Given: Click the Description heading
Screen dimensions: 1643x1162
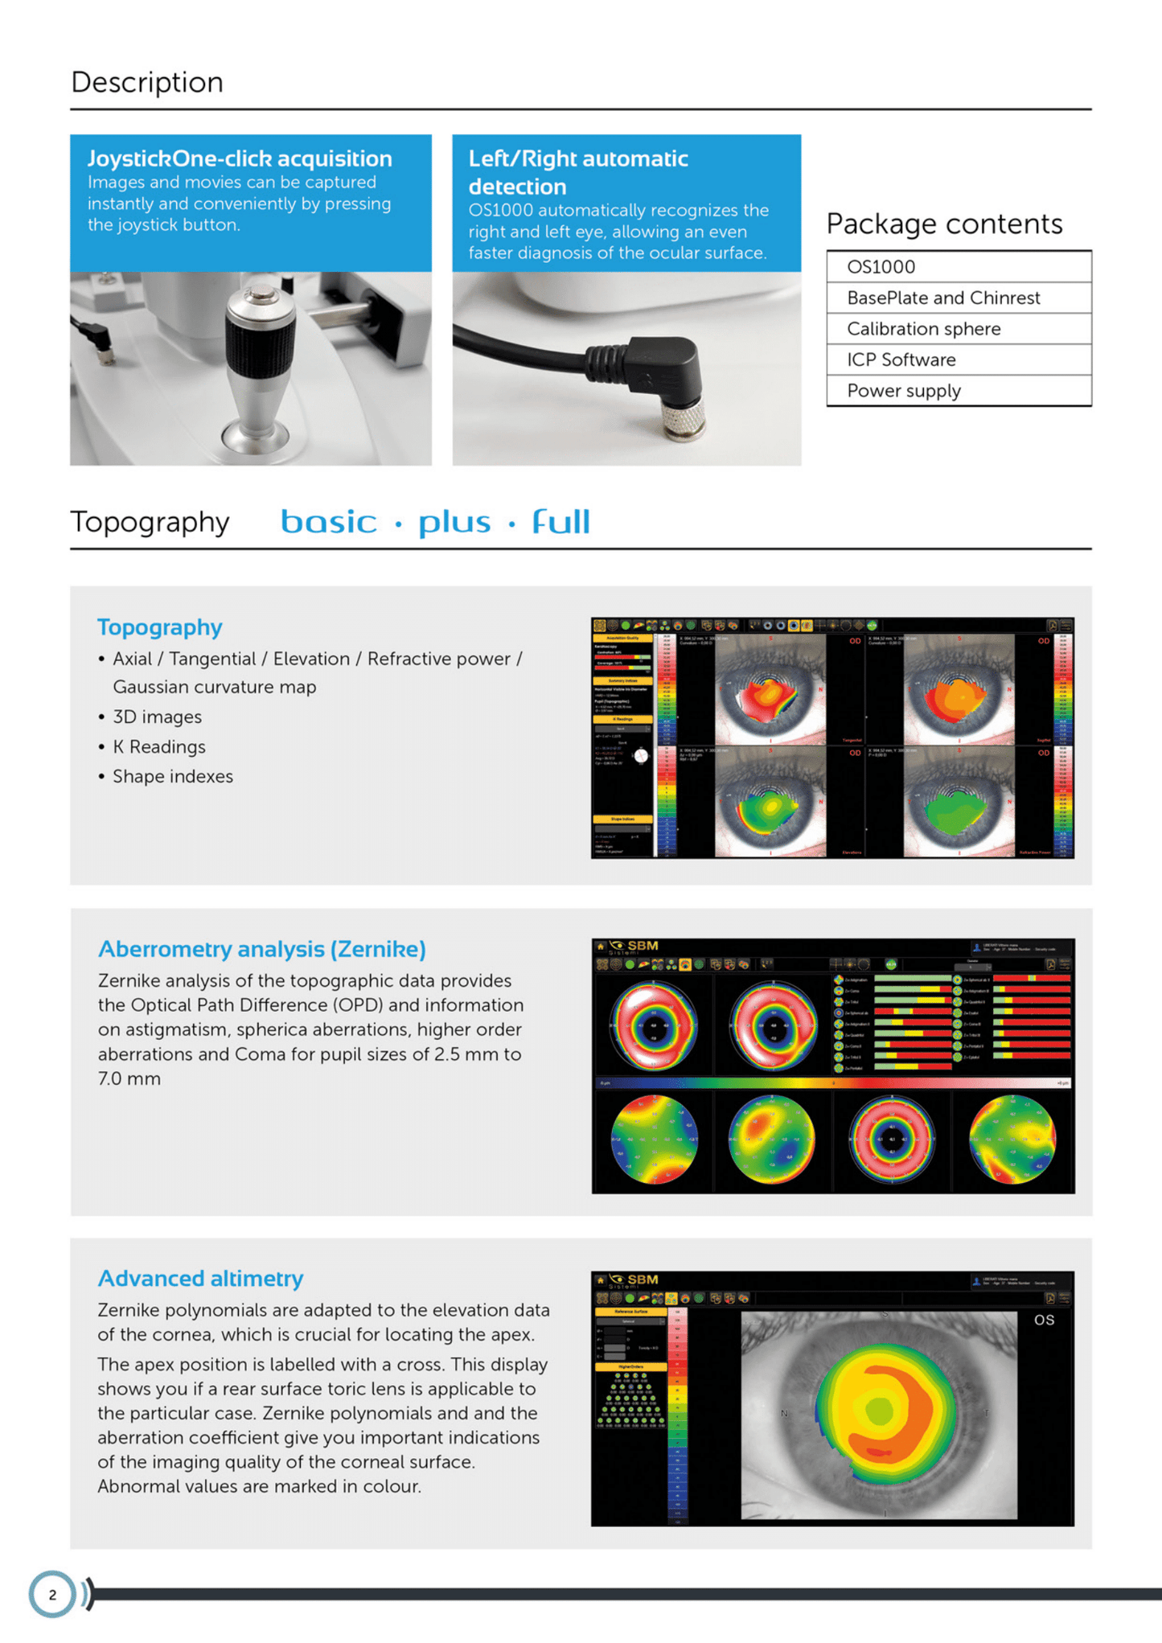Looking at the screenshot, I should click(147, 82).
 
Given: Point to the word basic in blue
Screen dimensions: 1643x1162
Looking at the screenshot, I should click(328, 523).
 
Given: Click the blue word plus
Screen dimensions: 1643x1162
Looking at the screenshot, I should click(454, 523).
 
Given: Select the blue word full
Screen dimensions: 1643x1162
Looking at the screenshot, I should click(560, 523).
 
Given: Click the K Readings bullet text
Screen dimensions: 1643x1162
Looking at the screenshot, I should click(159, 747).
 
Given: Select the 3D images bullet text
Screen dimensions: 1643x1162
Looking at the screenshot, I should click(157, 717).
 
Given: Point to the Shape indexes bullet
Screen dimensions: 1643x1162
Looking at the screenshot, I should click(172, 777).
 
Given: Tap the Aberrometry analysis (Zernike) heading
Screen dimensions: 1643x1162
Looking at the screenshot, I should click(261, 949).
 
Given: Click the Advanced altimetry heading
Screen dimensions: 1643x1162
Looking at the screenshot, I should click(200, 1279).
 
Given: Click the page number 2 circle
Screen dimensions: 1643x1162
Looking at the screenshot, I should click(52, 1594).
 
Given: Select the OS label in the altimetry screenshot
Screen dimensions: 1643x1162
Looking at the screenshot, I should click(1044, 1320).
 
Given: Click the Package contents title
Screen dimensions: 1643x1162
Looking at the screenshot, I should click(944, 224).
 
